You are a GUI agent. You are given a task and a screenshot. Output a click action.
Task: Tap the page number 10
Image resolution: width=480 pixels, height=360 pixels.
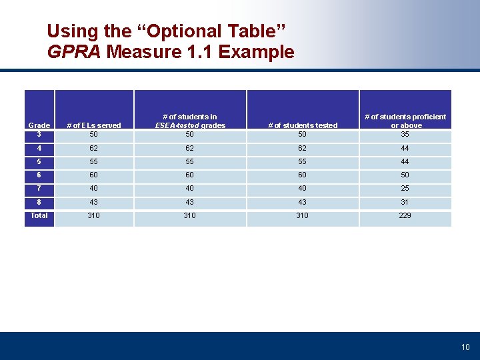465,347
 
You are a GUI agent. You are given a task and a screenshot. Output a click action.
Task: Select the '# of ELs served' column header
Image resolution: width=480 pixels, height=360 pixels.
93,125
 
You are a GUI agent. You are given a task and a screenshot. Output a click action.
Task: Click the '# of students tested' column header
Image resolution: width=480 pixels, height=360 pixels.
303,125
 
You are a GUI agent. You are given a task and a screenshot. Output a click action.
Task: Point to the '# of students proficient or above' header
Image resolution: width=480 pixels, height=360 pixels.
405,121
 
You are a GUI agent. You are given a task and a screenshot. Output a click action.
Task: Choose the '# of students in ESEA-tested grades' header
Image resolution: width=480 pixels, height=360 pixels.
190,121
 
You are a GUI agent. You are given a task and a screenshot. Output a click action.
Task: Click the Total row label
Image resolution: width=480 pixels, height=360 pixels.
39,215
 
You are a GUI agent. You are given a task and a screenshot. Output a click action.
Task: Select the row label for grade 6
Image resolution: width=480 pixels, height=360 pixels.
39,175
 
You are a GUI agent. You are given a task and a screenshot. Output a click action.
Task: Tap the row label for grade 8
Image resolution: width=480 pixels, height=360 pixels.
39,201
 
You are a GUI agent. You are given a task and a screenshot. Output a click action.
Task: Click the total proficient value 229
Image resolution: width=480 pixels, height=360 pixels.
405,215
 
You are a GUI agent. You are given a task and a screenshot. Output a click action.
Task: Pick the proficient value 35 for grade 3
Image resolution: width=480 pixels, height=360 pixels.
405,134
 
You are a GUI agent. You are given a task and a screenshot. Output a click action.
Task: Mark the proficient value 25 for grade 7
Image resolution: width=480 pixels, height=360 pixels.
405,188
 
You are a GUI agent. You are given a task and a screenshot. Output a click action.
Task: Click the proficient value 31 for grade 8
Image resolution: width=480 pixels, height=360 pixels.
405,202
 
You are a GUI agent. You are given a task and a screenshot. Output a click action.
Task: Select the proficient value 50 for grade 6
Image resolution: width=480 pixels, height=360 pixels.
405,175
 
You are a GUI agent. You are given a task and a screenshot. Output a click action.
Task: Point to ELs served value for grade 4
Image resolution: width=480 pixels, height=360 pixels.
93,148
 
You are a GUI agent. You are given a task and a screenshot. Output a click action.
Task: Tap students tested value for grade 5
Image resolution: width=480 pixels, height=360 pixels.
303,161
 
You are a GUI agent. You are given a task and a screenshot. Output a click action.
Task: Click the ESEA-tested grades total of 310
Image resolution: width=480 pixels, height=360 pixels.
190,215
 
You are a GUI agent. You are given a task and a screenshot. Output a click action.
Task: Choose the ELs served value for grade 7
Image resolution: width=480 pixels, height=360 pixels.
93,188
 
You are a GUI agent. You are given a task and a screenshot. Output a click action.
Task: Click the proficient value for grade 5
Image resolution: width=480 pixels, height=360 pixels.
405,161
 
